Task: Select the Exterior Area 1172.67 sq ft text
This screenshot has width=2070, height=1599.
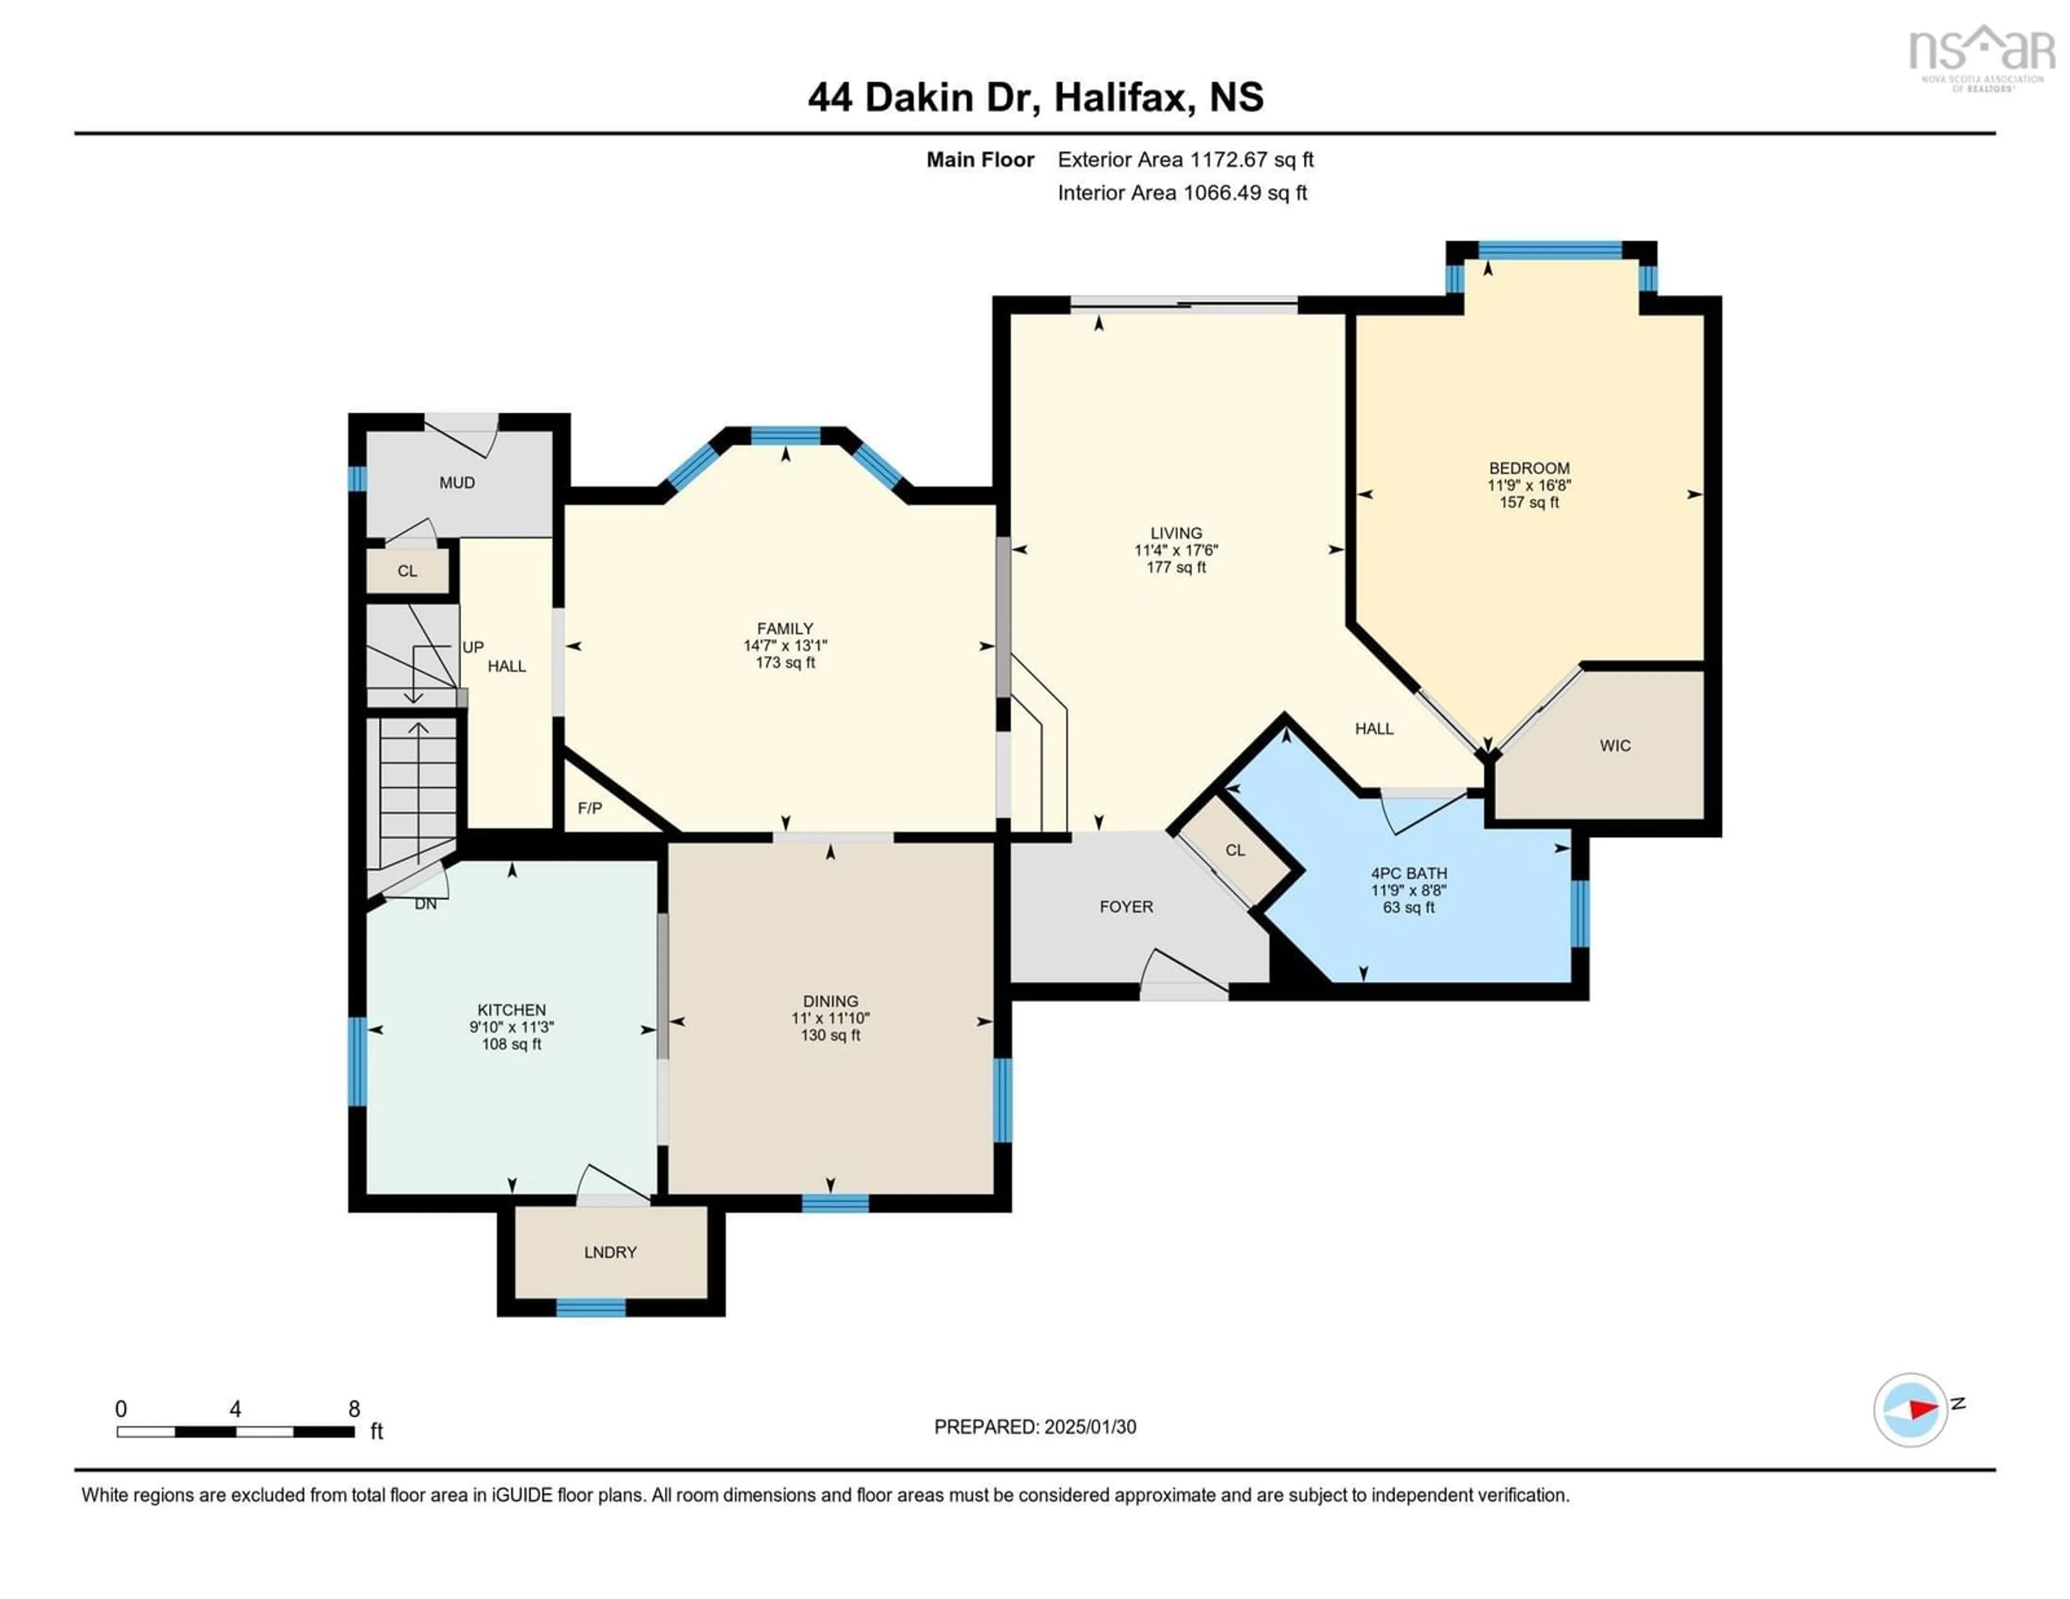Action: pyautogui.click(x=1185, y=159)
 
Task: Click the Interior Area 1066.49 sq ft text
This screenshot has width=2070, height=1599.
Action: pyautogui.click(x=1182, y=192)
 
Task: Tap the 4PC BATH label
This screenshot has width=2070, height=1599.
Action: pyautogui.click(x=1409, y=873)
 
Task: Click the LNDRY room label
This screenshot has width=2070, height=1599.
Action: pyautogui.click(x=610, y=1252)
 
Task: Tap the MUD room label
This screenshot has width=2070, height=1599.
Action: pyautogui.click(x=457, y=483)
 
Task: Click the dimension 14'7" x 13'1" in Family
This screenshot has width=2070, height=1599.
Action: pyautogui.click(x=785, y=645)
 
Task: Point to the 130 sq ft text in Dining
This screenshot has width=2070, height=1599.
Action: pyautogui.click(x=830, y=1035)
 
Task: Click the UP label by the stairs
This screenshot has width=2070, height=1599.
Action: pyautogui.click(x=473, y=647)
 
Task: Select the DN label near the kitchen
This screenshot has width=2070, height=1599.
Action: pyautogui.click(x=425, y=904)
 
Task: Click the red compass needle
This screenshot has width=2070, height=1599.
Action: pyautogui.click(x=1922, y=1409)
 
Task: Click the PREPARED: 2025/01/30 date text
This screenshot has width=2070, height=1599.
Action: pyautogui.click(x=1035, y=1426)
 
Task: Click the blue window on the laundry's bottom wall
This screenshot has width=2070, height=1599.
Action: pyautogui.click(x=590, y=1308)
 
